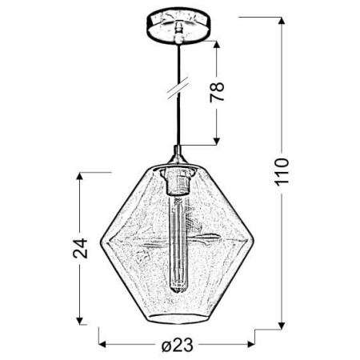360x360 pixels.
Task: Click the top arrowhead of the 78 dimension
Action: coord(217,41)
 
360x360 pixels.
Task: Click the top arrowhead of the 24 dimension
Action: coord(80,174)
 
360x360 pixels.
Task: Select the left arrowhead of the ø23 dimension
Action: coord(102,345)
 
